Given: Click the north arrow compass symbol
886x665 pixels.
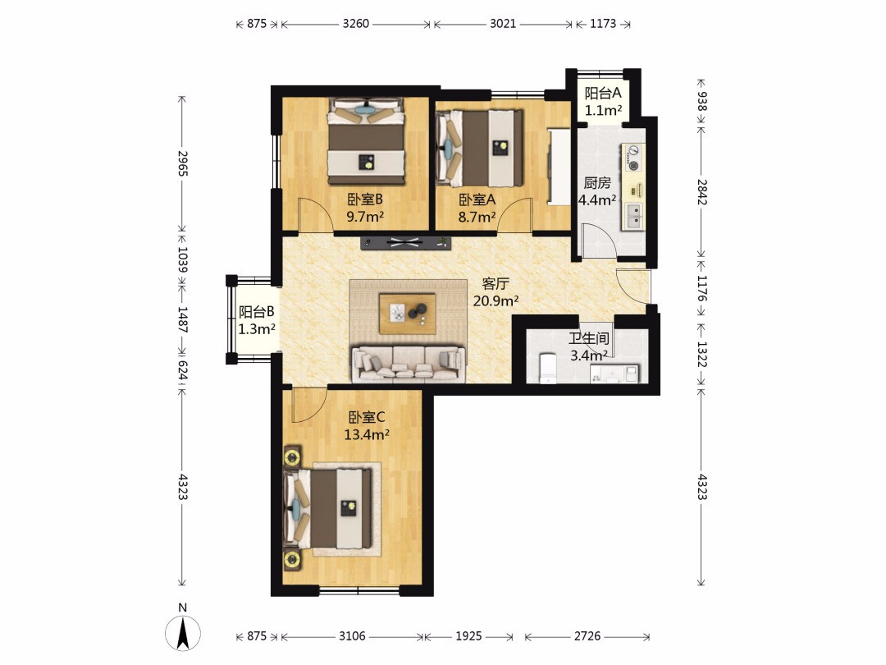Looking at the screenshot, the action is (182, 633).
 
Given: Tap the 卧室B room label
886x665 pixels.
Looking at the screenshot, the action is (365, 199).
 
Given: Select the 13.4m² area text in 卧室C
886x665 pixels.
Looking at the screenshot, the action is (367, 434).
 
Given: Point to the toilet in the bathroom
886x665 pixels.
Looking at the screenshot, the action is (548, 369).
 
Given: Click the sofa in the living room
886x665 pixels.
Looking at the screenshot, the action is (409, 363).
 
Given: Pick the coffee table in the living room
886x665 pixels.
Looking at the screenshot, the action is (408, 314).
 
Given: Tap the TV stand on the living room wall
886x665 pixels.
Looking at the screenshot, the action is (406, 242).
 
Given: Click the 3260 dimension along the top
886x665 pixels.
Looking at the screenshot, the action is (356, 24).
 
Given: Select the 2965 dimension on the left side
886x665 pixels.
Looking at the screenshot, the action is (182, 163).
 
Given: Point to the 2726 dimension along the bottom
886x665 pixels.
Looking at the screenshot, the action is (587, 636).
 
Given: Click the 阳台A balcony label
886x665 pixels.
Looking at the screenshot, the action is (603, 93).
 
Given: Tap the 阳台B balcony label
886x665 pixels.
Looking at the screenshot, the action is (257, 312).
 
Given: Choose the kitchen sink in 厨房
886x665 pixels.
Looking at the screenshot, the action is (633, 216).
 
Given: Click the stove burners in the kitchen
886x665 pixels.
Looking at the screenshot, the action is (634, 158).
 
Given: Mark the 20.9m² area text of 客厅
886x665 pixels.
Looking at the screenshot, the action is (496, 300).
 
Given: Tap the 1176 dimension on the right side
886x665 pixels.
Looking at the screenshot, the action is (701, 288).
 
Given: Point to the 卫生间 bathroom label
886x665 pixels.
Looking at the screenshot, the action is (589, 338).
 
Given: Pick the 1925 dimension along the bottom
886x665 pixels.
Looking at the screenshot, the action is (469, 636).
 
